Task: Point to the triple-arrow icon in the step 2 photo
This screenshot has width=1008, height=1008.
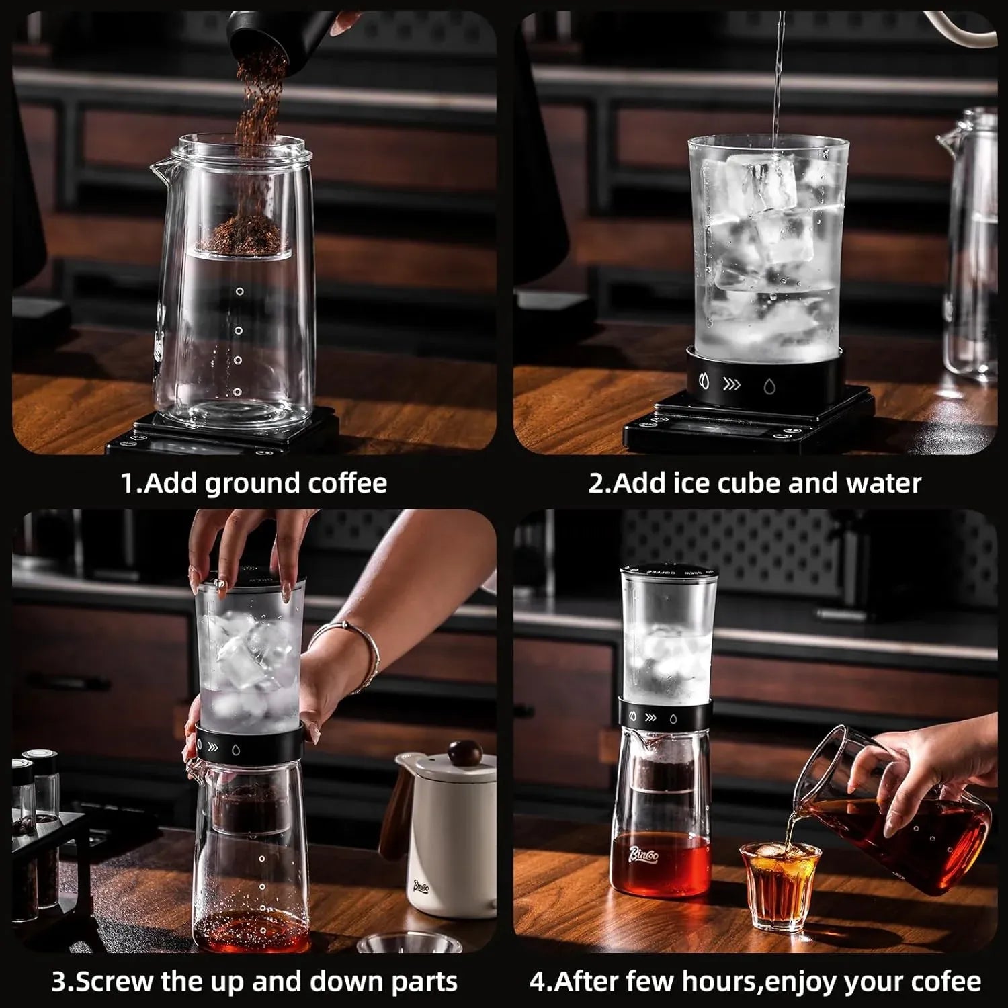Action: (731, 385)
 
